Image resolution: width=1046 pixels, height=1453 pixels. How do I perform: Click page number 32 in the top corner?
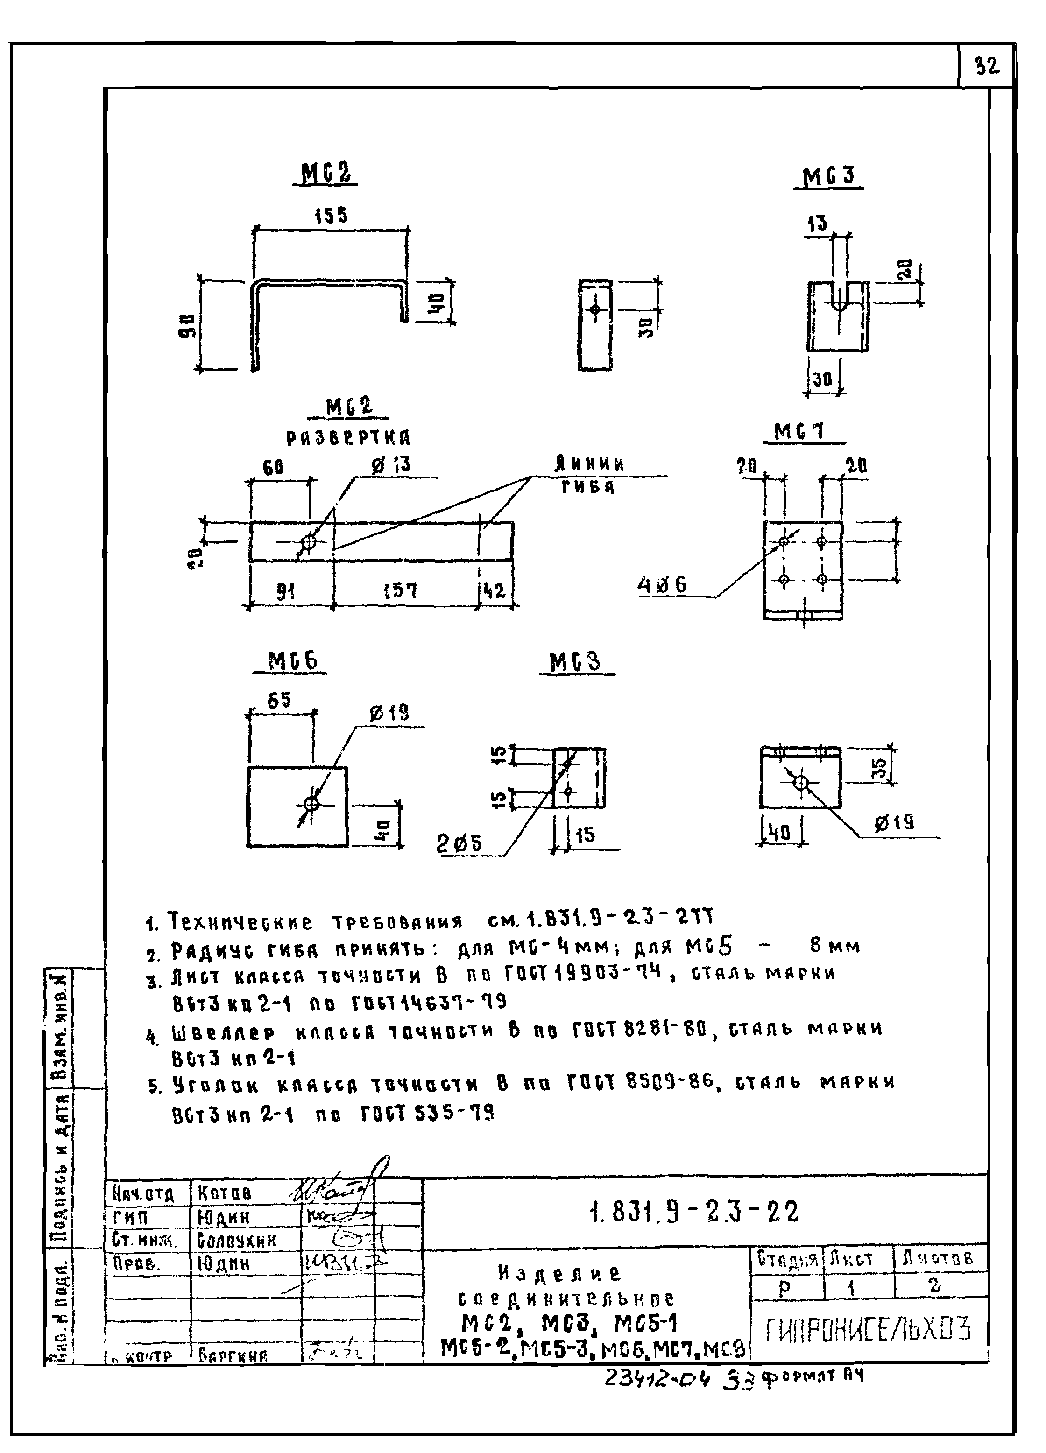click(986, 66)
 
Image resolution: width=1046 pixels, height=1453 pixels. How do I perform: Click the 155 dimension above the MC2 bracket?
click(331, 215)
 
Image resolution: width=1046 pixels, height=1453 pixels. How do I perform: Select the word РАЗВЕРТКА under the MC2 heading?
click(348, 439)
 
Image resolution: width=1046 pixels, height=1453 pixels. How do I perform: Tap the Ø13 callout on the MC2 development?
click(392, 464)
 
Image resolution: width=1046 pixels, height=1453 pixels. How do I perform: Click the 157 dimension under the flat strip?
click(401, 590)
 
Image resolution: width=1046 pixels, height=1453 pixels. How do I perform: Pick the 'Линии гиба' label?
click(589, 475)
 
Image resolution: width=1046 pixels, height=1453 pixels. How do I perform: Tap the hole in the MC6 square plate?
click(311, 803)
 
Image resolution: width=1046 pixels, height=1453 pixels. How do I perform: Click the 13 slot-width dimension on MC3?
click(817, 224)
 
